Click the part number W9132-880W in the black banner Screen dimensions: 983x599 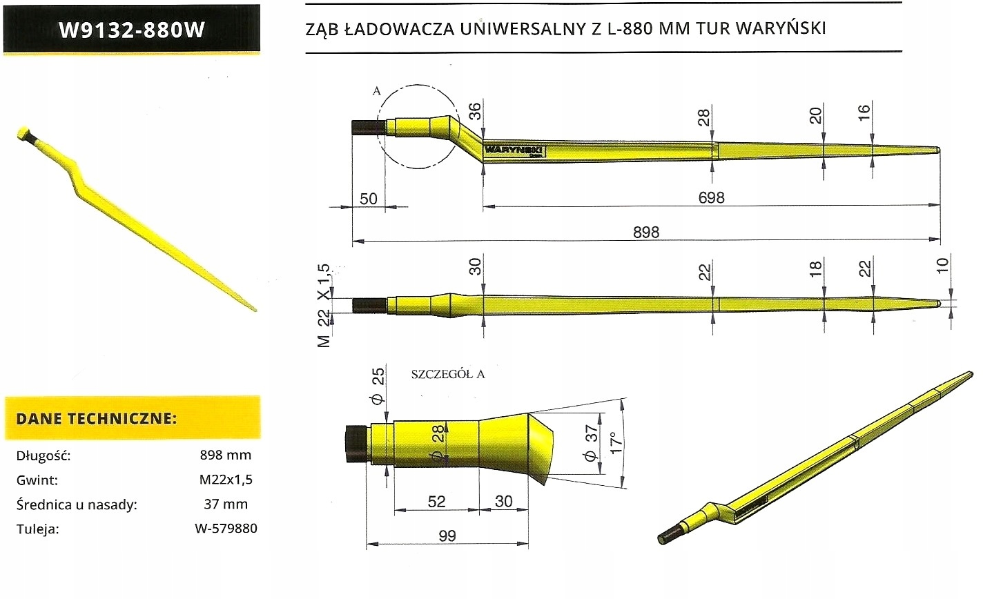(x=132, y=30)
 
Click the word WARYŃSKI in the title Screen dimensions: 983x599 (x=781, y=28)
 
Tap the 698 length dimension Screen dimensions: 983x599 (x=711, y=197)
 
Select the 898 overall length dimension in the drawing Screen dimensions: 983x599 (x=646, y=232)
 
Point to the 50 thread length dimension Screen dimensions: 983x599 (x=368, y=199)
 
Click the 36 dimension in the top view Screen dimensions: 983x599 (x=475, y=112)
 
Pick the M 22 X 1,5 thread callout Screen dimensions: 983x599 (x=324, y=306)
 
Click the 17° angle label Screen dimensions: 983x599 (x=616, y=442)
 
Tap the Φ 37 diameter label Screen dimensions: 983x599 (x=591, y=442)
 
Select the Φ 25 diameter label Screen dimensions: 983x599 (x=378, y=386)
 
